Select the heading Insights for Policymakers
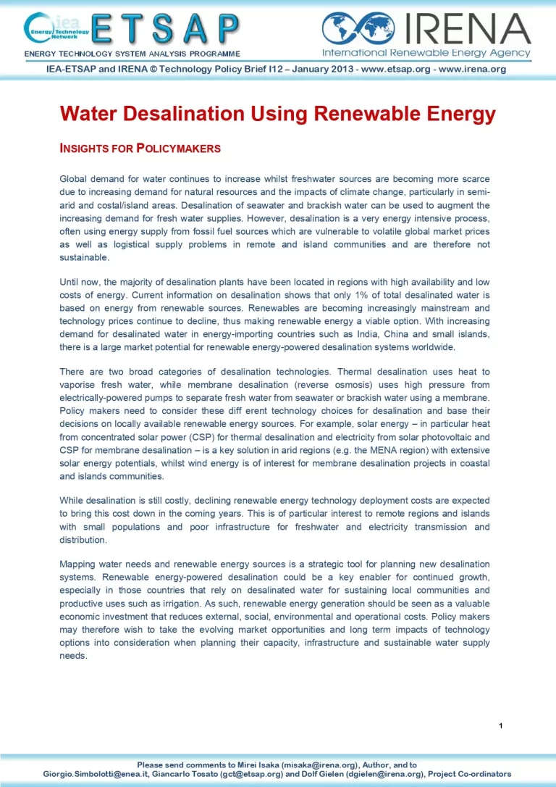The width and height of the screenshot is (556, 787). pos(140,149)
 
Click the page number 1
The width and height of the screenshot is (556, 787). pos(500,725)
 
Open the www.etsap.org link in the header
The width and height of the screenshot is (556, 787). pos(392,70)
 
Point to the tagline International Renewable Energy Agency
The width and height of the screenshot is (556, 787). pos(426,53)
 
